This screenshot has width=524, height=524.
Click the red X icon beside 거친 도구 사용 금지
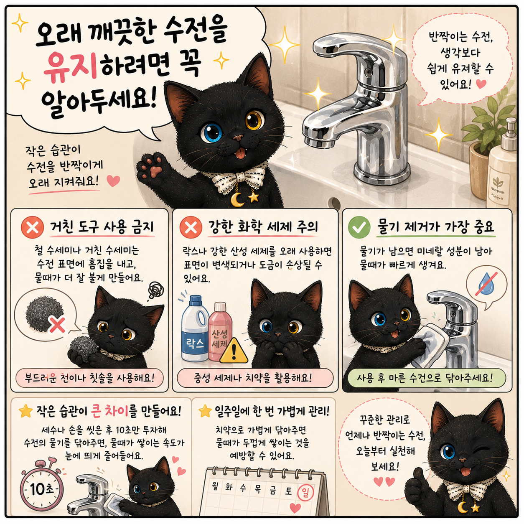pos(32,227)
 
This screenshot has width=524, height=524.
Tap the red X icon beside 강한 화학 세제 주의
pos(191,227)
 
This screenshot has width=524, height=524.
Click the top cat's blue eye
pos(212,132)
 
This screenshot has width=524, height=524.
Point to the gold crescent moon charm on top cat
pos(236,199)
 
